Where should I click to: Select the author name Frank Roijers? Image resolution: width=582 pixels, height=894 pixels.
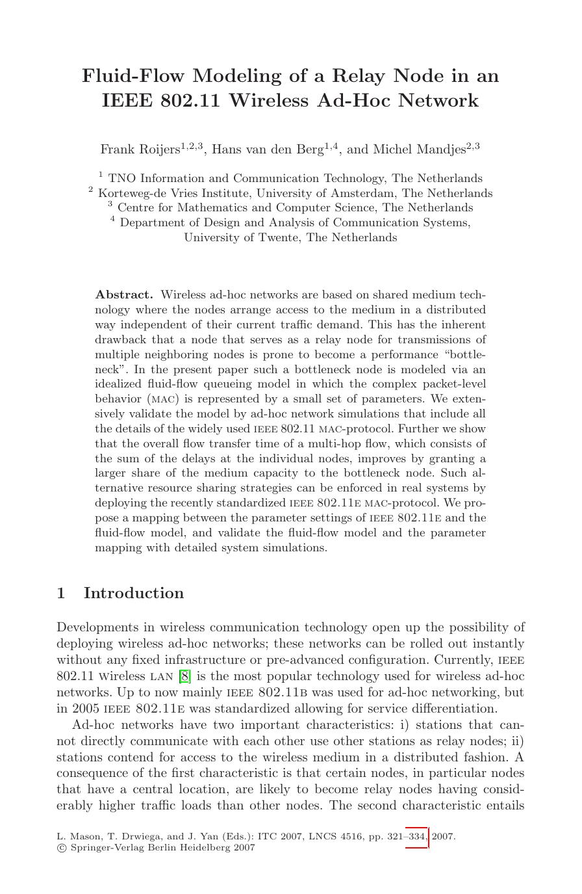pyautogui.click(x=140, y=150)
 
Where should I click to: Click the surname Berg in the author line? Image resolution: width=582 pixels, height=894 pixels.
pyautogui.click(x=309, y=150)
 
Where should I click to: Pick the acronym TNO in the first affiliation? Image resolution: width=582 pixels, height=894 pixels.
pyautogui.click(x=121, y=178)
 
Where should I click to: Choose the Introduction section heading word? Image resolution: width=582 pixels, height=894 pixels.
pyautogui.click(x=134, y=593)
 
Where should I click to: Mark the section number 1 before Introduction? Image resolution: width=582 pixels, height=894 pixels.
pyautogui.click(x=61, y=593)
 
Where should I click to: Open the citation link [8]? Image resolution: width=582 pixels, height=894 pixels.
pyautogui.click(x=184, y=676)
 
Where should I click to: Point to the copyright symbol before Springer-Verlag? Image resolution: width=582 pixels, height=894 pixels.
pyautogui.click(x=61, y=848)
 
